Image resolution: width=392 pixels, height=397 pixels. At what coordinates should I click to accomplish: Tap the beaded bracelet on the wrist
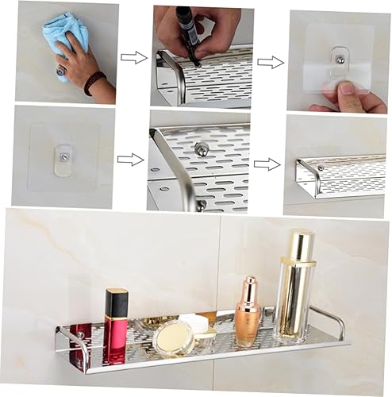coord(94,82)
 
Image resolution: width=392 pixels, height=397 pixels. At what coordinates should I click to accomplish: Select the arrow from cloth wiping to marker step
coord(133,57)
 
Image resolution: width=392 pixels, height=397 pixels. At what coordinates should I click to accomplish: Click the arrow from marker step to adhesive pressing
coord(271,62)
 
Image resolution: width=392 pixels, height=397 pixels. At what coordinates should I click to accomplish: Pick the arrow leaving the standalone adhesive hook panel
coord(130,160)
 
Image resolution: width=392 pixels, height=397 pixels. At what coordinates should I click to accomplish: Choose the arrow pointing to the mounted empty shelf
coord(267,164)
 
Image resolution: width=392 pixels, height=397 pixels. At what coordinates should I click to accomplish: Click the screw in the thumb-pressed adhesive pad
coord(340,59)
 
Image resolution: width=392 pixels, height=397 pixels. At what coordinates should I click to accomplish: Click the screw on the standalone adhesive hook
coord(63,157)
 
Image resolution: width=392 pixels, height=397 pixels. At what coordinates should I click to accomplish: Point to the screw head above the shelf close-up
coord(202,148)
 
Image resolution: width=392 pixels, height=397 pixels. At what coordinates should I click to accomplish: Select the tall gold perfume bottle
coord(294,286)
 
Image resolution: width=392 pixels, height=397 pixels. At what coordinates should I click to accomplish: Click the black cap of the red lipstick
coord(117,302)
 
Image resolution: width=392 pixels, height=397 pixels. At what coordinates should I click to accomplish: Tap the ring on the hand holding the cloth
coord(60,72)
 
